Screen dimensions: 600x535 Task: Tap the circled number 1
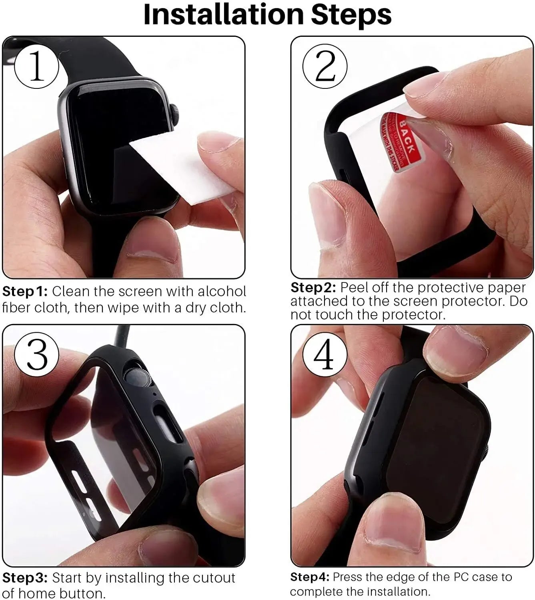(x=36, y=66)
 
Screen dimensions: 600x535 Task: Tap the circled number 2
(x=325, y=66)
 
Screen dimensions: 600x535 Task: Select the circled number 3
(x=37, y=354)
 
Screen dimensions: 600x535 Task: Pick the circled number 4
(x=325, y=354)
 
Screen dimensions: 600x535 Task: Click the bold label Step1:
(x=25, y=291)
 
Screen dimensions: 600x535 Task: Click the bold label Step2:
(x=313, y=288)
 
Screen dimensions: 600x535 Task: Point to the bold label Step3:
(x=25, y=578)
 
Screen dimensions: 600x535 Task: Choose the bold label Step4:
(x=309, y=577)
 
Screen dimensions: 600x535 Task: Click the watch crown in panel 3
(x=136, y=378)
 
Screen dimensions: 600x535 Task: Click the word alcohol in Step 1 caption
(x=222, y=291)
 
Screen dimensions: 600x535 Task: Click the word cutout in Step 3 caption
(x=214, y=578)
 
